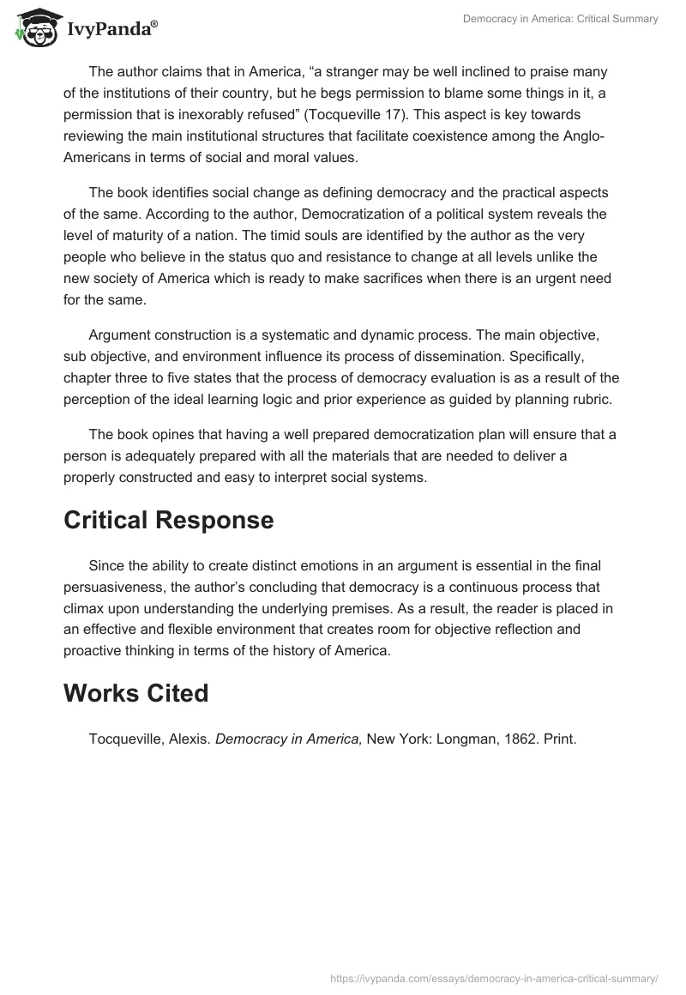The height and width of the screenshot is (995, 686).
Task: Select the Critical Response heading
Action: pos(169,520)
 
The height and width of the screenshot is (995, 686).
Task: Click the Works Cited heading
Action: pos(136,693)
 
